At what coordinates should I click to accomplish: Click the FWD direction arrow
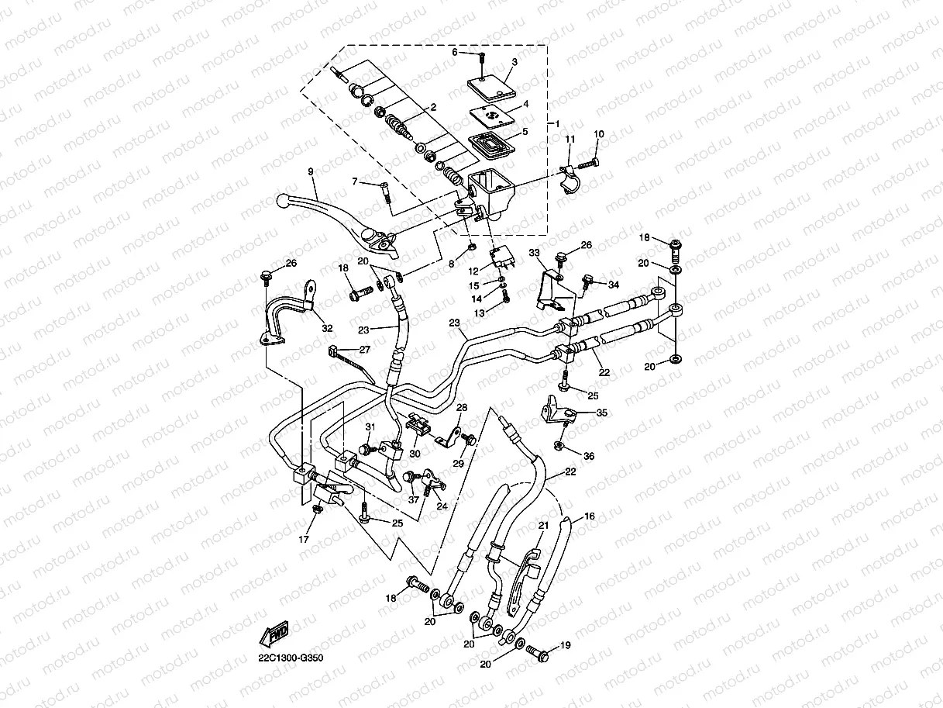(x=274, y=634)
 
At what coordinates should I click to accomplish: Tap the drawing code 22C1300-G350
(x=291, y=658)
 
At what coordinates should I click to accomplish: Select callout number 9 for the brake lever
(x=311, y=171)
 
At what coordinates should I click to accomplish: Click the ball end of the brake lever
(x=282, y=200)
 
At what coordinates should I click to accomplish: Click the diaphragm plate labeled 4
(x=491, y=116)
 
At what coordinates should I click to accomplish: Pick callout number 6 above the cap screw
(x=455, y=52)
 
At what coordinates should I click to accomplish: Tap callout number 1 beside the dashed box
(x=557, y=124)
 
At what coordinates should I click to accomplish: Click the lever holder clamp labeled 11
(x=570, y=180)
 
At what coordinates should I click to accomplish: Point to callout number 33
(x=534, y=252)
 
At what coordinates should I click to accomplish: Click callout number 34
(x=614, y=285)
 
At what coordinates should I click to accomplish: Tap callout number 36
(x=589, y=456)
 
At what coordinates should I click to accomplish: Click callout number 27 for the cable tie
(x=364, y=350)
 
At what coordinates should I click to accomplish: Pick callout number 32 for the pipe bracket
(x=327, y=328)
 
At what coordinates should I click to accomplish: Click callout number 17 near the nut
(x=303, y=539)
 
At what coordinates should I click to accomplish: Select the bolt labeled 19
(x=538, y=654)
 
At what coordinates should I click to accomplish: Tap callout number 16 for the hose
(x=590, y=516)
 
